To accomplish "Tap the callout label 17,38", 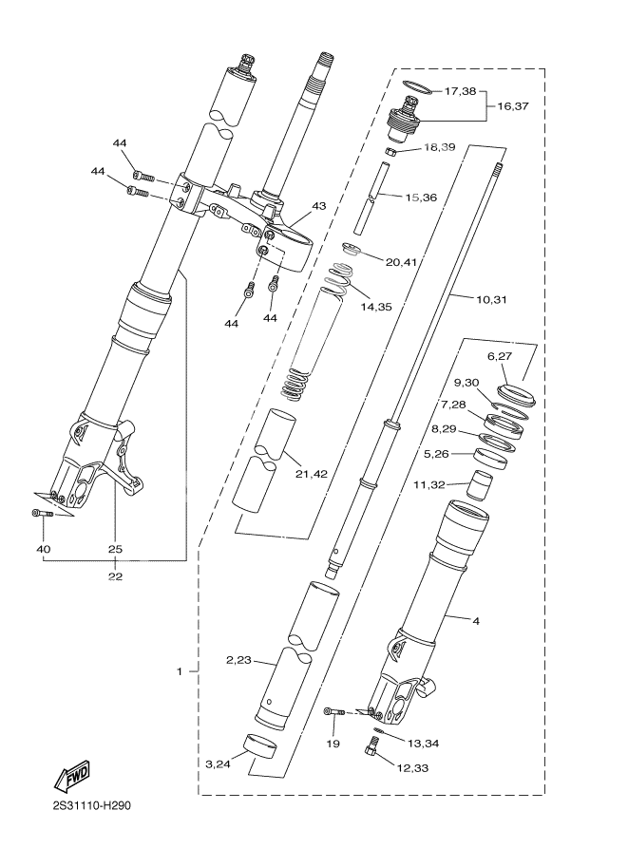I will tap(460, 92).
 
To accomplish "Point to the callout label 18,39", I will tap(439, 148).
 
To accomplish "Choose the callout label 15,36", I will tap(421, 198).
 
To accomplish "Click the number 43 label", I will tap(318, 206).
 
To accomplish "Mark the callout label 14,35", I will tap(376, 307).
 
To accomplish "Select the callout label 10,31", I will tap(491, 299).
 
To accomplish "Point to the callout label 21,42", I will tap(313, 473).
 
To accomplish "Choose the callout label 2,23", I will tap(238, 660).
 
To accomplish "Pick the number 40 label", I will tap(43, 548).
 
